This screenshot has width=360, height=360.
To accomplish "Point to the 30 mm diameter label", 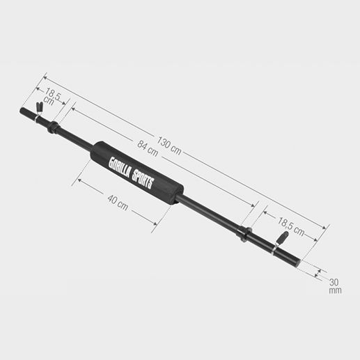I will coord(334,285).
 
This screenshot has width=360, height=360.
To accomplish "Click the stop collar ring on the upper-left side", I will coord(53,127).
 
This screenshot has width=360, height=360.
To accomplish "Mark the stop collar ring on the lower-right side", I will coord(244,233).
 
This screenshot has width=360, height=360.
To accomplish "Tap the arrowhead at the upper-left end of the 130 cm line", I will coord(45,77).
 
